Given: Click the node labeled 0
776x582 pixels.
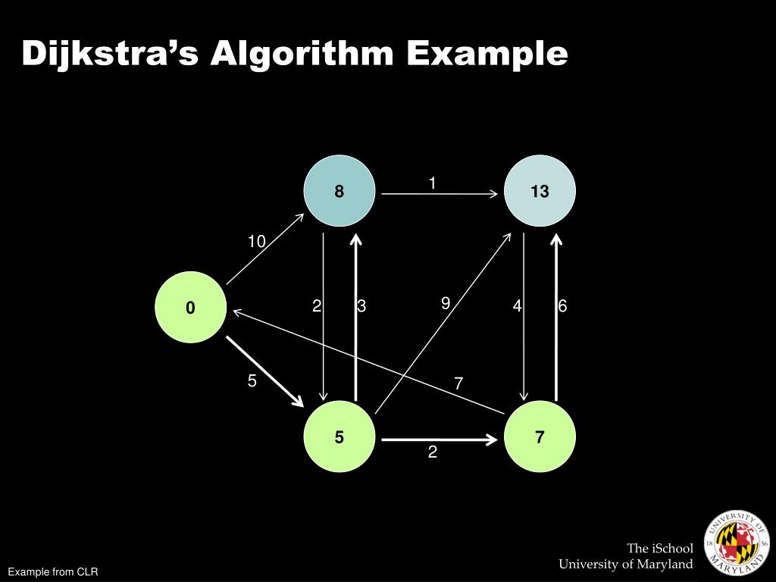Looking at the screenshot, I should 190,307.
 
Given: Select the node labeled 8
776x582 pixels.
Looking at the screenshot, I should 339,191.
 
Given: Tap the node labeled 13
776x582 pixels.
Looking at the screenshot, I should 540,191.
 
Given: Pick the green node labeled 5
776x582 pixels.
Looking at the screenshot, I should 339,436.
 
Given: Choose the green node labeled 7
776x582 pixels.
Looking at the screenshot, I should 540,436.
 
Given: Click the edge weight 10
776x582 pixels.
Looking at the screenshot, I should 256,242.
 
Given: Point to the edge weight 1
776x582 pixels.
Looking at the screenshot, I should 432,183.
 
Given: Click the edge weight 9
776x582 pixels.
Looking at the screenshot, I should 446,303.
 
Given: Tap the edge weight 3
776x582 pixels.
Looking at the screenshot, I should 361,306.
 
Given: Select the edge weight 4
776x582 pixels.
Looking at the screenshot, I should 517,306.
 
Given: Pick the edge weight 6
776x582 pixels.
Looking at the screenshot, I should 562,306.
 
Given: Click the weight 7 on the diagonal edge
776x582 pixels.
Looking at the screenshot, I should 458,383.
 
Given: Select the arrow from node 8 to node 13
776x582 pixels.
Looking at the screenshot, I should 440,194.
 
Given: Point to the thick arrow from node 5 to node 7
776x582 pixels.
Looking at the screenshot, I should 440,439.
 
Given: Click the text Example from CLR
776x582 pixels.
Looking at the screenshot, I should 53,571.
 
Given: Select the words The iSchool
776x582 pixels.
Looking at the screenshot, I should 659,548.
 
